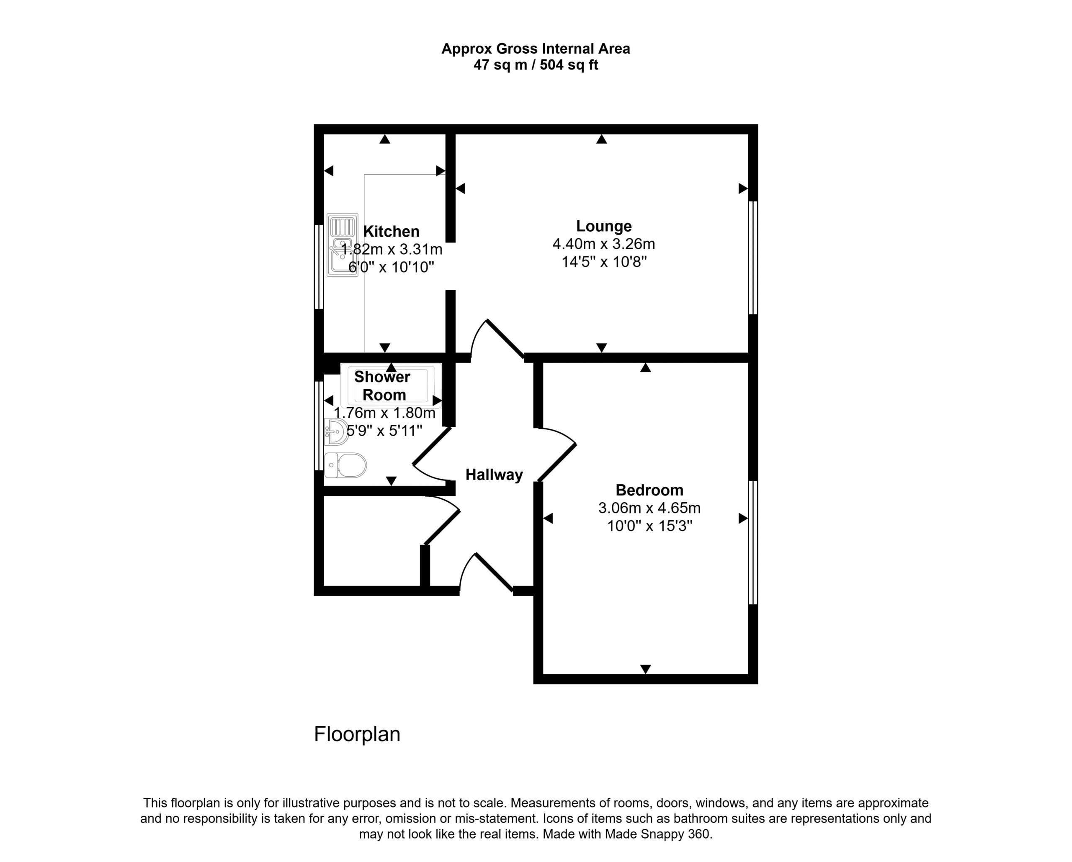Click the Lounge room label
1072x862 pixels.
coord(603,226)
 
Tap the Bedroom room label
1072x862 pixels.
coord(649,490)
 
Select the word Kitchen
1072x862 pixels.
coord(391,232)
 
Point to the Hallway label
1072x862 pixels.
coord(494,475)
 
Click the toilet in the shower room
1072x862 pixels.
coord(345,466)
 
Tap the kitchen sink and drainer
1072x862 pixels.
coord(343,245)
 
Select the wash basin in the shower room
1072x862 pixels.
coord(336,431)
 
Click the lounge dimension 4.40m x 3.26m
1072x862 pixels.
coord(603,244)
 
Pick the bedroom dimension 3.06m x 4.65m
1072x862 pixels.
coord(649,508)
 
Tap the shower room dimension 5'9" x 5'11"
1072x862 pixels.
coord(384,431)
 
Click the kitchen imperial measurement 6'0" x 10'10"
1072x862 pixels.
coord(391,268)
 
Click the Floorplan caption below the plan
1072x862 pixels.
coord(357,734)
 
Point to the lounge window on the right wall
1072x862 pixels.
coord(753,258)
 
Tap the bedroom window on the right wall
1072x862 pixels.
coord(753,543)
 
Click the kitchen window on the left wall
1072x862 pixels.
coord(319,267)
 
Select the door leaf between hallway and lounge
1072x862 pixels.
coord(505,339)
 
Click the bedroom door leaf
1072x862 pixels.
coord(557,462)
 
